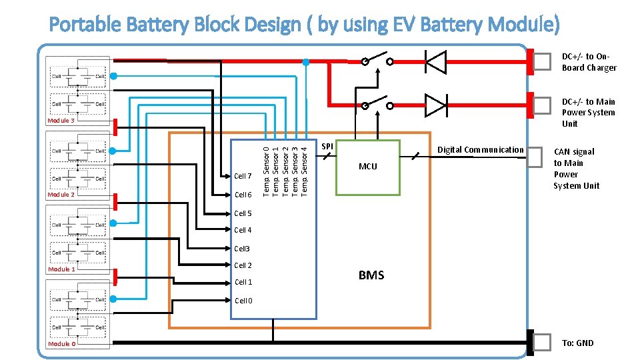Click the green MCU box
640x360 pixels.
367,167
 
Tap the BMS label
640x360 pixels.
371,275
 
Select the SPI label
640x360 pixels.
327,145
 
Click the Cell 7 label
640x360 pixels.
243,177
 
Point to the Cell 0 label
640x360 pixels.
243,301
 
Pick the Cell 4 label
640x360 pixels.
243,231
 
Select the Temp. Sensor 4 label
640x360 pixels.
305,167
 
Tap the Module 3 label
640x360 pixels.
61,121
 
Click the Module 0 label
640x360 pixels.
61,344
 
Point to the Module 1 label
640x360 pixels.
61,269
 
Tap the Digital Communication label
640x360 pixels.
480,150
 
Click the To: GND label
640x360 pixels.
577,343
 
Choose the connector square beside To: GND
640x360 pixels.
542,343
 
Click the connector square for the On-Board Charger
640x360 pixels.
542,61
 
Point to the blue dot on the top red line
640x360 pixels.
305,62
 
